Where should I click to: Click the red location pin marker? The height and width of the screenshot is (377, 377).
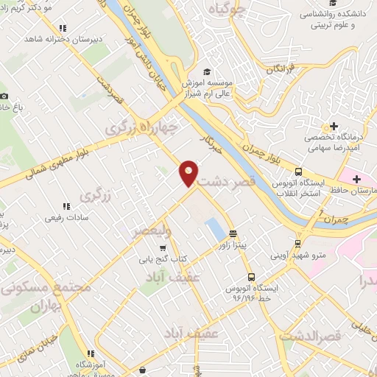[189, 172]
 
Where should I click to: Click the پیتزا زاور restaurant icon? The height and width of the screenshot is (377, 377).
[233, 233]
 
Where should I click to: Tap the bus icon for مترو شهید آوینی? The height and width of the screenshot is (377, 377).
[297, 244]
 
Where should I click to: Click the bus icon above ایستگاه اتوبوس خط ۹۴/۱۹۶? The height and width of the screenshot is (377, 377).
[252, 278]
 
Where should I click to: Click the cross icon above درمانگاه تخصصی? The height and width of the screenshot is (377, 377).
[334, 126]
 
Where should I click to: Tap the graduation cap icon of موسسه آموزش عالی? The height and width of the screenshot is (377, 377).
[207, 71]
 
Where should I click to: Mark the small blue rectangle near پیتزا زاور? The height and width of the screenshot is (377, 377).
[215, 228]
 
